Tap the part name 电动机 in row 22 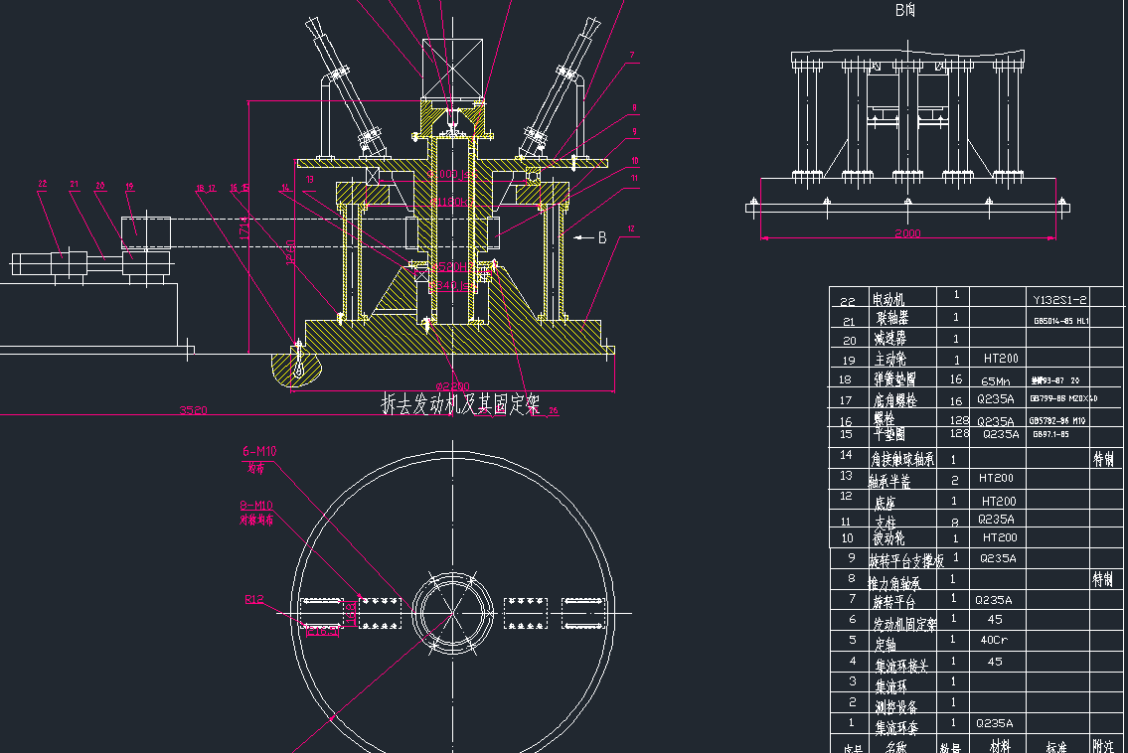890,299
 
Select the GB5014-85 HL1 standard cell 1061,321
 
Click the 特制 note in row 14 1103,459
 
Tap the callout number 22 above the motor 42,184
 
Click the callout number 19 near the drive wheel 129,186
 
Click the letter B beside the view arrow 601,237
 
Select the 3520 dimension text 193,409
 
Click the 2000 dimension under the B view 906,233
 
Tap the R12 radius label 254,599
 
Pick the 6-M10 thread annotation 259,451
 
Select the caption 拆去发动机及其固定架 461,404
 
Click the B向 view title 905,11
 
